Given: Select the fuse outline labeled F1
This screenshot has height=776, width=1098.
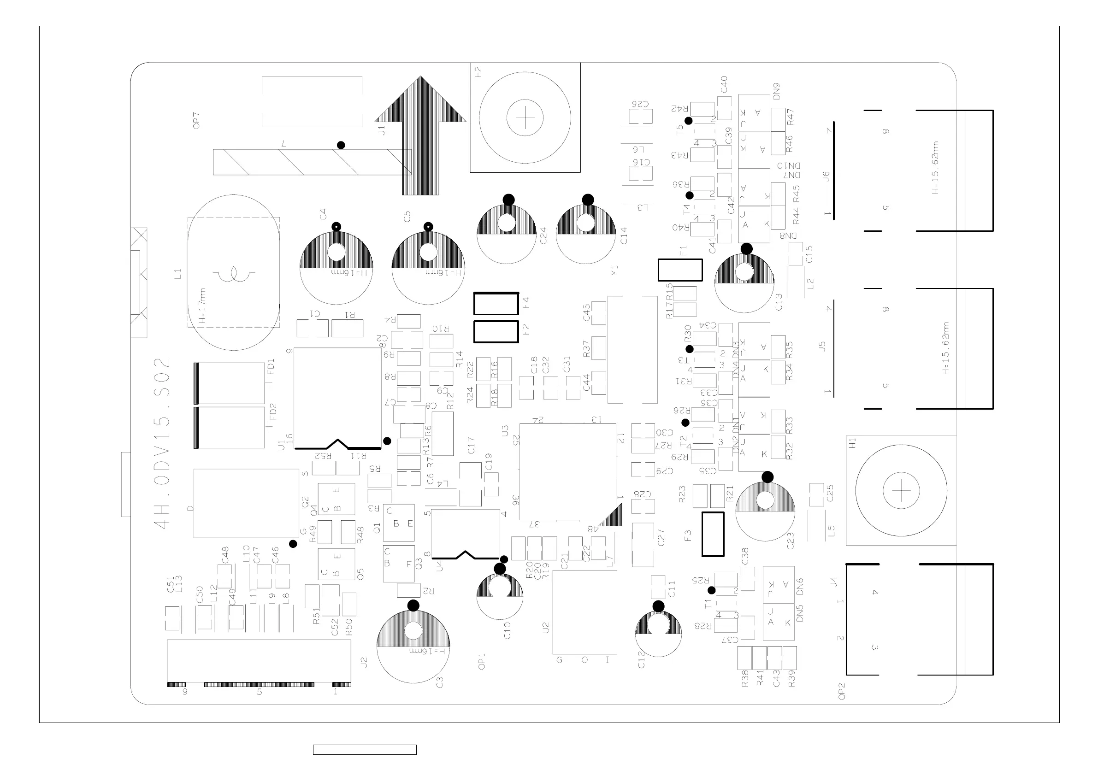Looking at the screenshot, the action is point(680,270).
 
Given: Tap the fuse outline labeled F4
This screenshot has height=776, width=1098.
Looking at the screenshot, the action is point(496,304).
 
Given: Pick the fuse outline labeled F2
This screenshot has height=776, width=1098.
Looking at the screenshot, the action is point(496,332).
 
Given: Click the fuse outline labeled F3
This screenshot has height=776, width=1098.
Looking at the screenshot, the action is point(713,534).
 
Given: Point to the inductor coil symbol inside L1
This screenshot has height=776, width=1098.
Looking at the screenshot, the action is point(234,275).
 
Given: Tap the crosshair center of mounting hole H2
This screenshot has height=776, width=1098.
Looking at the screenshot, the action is point(525,118).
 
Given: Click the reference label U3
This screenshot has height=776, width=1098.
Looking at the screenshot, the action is point(505,431).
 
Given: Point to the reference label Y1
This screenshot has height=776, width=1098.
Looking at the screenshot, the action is point(615,270).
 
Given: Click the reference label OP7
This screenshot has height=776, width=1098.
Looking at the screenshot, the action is point(195,120).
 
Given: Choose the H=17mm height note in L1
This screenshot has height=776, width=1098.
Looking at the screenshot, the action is point(203,306).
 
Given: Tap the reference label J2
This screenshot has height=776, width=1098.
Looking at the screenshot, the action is point(363,662).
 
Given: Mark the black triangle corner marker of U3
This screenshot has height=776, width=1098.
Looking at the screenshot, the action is point(614,518).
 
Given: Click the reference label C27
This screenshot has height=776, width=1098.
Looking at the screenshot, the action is point(661,537).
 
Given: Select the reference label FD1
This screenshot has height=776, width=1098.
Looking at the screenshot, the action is point(271,368).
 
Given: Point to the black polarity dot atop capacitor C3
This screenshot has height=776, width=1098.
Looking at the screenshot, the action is point(413,606).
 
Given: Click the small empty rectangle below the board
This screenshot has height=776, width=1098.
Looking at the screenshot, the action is point(365,750).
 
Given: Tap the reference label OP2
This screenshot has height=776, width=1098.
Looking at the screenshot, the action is point(842,691).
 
